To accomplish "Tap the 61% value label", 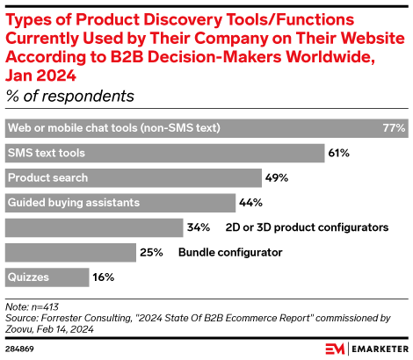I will coord(339,153).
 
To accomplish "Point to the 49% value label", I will coord(277,177).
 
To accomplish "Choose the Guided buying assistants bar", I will coord(120,203).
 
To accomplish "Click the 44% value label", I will coord(250,203).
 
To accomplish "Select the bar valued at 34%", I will coord(93,227).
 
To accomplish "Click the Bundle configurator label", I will coord(230,253).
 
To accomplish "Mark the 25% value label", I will coord(151,253).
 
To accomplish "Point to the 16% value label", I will coord(104,277).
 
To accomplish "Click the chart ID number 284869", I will coord(20,348).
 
